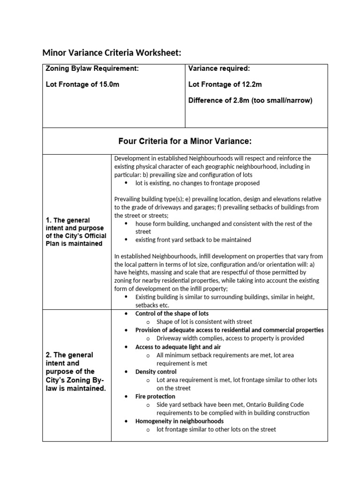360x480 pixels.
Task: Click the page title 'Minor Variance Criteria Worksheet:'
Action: tap(112, 52)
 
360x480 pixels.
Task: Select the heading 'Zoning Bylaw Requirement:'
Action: tap(92, 69)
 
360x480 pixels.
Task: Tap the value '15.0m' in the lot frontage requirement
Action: tap(109, 85)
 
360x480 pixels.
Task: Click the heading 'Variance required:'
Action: tap(219, 69)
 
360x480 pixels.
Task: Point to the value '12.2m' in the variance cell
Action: tap(252, 85)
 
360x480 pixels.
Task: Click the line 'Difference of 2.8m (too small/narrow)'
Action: tap(250, 100)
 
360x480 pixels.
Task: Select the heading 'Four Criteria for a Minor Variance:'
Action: tap(185, 141)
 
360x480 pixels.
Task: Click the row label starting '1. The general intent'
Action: tap(76, 232)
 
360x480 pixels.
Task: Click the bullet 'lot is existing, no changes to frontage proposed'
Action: tap(197, 183)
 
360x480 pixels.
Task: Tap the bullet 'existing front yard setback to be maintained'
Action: tap(193, 240)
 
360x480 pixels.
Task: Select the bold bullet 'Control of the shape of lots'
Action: tap(172, 313)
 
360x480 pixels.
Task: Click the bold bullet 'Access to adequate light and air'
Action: tap(178, 347)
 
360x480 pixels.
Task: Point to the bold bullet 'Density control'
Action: tap(156, 371)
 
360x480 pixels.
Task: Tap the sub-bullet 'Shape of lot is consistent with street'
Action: tap(204, 322)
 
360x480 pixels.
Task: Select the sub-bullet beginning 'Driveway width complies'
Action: tap(230, 338)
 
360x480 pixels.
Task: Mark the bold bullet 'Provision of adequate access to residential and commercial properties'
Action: tap(229, 330)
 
